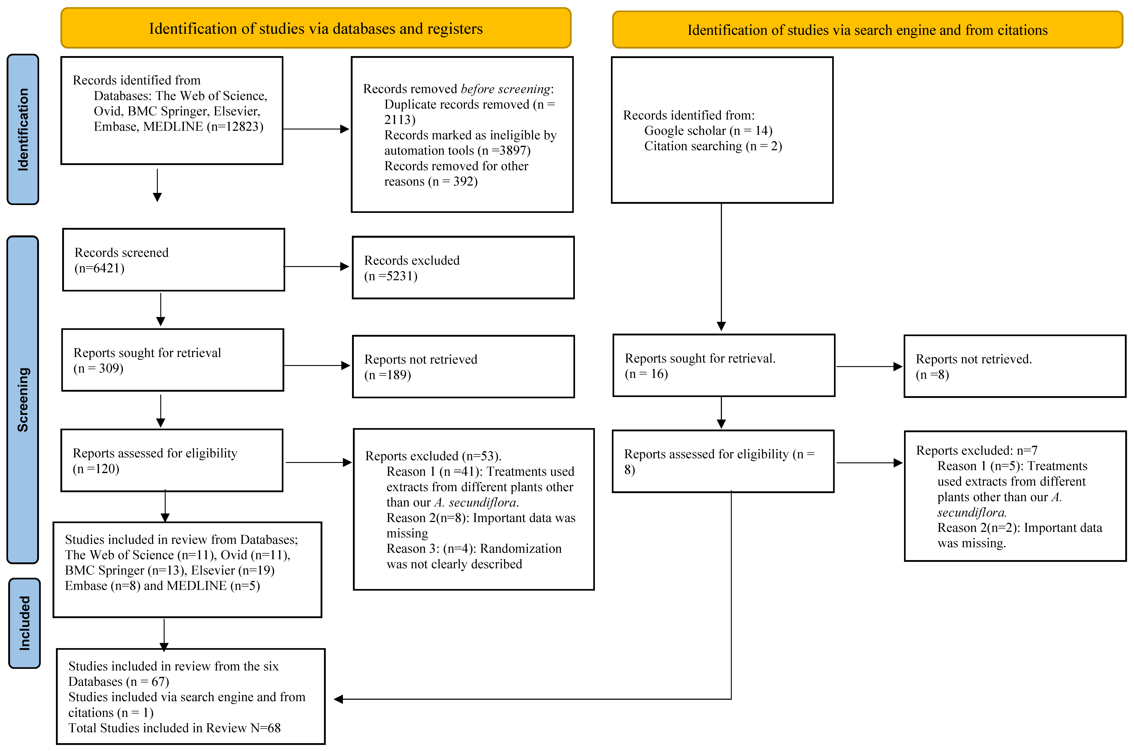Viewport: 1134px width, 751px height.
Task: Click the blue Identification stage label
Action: tap(23, 129)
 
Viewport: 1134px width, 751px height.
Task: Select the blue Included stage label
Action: tap(24, 623)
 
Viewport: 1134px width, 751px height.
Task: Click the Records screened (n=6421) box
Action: tap(174, 260)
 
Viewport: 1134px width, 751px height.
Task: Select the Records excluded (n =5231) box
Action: tap(463, 268)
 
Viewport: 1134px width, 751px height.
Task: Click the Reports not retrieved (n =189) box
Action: tap(463, 366)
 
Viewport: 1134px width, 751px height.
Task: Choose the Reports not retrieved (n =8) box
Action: tap(1014, 366)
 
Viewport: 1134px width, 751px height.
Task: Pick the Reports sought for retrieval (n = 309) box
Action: tap(172, 360)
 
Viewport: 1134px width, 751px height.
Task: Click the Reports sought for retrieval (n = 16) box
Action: tap(723, 365)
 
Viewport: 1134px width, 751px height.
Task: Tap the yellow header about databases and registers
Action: tap(316, 29)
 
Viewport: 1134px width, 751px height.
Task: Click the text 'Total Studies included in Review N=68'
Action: tap(174, 728)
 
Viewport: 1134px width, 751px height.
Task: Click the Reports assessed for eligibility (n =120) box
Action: tap(172, 460)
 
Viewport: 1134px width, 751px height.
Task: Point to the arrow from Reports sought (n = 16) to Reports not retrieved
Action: tap(869, 367)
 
